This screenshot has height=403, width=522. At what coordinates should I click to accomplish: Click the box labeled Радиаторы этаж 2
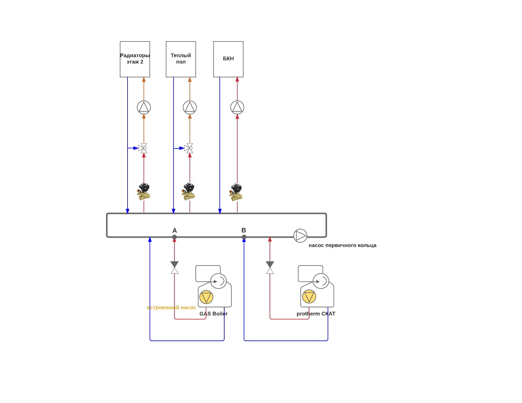135,59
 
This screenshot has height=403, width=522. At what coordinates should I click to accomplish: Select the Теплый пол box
181,59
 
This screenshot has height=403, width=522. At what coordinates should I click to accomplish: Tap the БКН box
228,59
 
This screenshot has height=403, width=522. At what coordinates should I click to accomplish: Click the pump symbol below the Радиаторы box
144,107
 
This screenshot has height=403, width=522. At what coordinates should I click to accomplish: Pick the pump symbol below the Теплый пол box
190,107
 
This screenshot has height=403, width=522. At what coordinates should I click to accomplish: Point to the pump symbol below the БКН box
237,107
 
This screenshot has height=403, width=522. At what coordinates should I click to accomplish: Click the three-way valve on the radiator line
143,148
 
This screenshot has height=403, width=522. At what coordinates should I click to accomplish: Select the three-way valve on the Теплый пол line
189,148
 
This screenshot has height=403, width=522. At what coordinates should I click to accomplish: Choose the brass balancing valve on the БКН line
236,192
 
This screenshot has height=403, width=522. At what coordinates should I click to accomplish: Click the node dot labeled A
174,237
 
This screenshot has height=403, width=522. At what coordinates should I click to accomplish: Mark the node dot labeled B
244,237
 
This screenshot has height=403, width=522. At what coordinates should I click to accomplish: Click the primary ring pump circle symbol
300,236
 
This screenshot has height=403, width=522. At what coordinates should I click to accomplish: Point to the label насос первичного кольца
342,245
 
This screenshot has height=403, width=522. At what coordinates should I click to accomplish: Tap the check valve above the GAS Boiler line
174,267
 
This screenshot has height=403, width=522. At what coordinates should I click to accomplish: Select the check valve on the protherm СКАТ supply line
270,267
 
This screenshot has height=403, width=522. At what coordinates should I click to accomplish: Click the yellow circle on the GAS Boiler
206,297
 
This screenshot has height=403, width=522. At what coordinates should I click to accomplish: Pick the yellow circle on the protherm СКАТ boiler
309,296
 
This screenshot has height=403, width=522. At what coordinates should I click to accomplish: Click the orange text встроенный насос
171,308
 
